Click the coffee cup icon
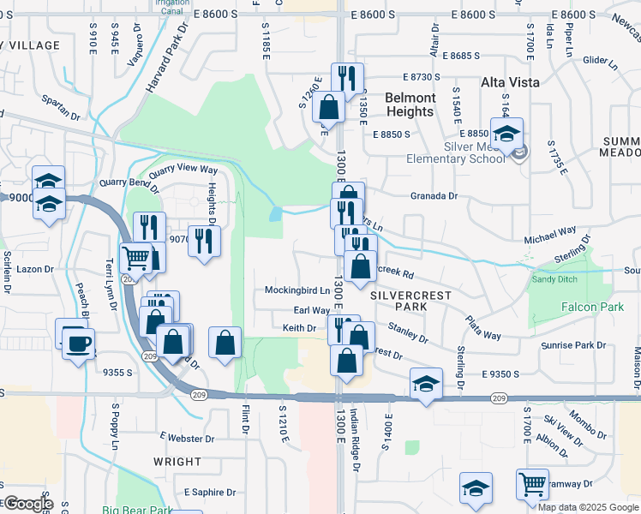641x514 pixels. (78, 343)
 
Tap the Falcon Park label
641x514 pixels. (585, 307)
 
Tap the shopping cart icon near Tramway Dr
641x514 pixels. (532, 485)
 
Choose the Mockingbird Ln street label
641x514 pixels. (297, 290)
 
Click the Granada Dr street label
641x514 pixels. (434, 196)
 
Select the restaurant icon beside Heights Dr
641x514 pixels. (204, 241)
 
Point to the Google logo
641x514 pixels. (27, 503)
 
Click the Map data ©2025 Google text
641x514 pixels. (589, 507)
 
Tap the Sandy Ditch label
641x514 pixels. (554, 279)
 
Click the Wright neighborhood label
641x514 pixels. (177, 461)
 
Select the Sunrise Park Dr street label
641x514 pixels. (574, 345)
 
